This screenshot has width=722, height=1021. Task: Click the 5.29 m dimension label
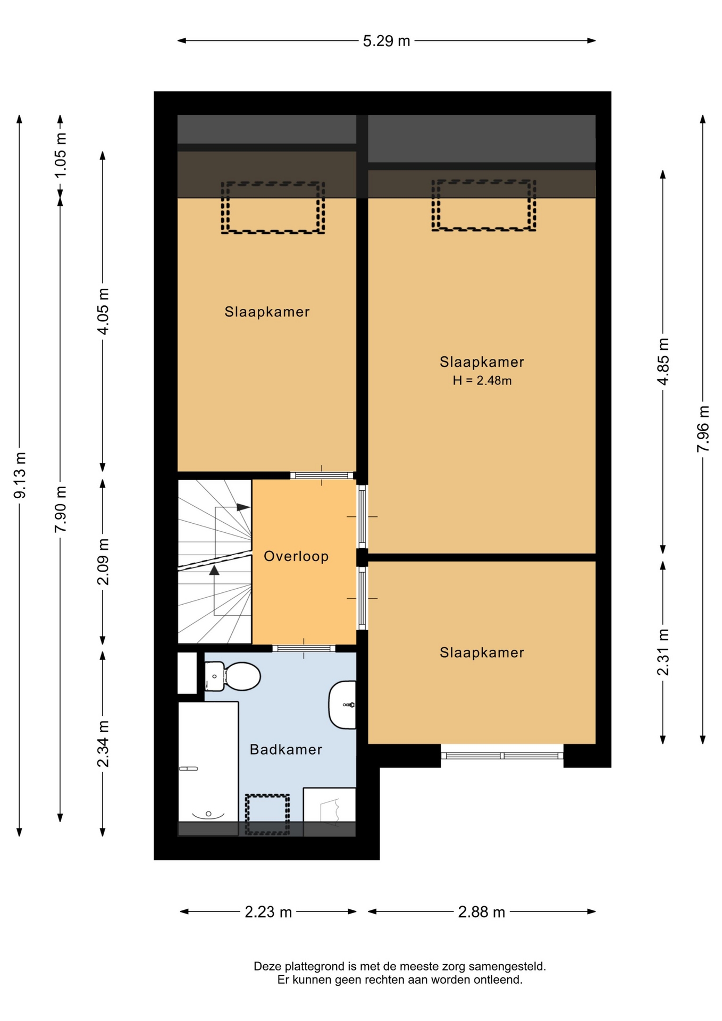[x=387, y=41]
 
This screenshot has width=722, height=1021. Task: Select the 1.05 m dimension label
[x=61, y=155]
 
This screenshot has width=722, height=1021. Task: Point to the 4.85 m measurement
[x=663, y=362]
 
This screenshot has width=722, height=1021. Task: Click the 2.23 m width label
[x=268, y=912]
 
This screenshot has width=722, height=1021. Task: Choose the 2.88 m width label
[x=482, y=912]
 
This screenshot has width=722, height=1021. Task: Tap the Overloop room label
[x=296, y=556]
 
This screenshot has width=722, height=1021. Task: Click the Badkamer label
[x=286, y=749]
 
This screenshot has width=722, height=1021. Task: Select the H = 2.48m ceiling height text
[x=482, y=380]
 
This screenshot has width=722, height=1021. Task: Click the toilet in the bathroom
[x=232, y=676]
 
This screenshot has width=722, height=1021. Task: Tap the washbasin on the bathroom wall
[x=342, y=705]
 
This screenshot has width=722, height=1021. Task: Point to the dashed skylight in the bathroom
[x=267, y=814]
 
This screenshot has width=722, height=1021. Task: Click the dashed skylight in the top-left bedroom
[x=273, y=207]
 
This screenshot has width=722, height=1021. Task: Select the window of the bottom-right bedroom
[x=502, y=755]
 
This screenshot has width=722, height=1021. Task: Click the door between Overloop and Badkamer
[x=304, y=648]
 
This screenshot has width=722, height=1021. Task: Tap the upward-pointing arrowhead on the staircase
[x=214, y=570]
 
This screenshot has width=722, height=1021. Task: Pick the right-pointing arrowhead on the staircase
[x=244, y=507]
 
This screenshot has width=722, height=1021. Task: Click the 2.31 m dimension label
[x=663, y=651]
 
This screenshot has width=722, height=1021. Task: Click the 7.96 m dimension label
[x=703, y=429]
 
